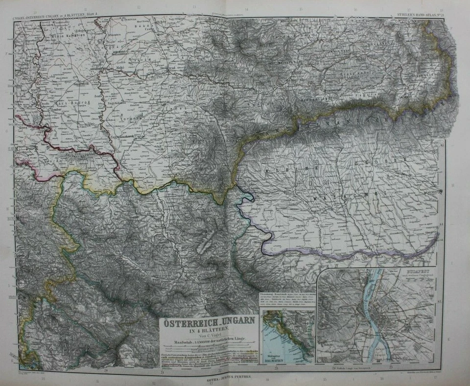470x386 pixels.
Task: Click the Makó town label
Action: [120, 67]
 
